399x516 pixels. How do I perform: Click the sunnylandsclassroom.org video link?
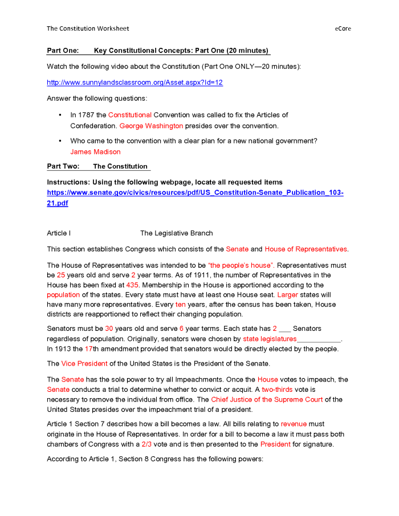coord(135,83)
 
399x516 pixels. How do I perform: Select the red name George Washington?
coord(151,126)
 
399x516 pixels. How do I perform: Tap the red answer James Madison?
coord(95,152)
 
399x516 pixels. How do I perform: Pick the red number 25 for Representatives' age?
coord(61,275)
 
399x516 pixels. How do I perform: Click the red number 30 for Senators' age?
coord(109,329)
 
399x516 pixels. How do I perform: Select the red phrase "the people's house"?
coord(241,265)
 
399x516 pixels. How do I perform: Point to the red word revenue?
coord(294,424)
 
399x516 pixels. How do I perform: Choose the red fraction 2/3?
coord(147,444)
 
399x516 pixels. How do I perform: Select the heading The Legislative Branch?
coord(177,233)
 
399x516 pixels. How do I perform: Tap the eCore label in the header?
coord(343,28)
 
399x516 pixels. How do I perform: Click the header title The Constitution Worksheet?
coord(88,28)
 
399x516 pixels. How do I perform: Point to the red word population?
coord(63,295)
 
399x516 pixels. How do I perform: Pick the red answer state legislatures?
coord(270,339)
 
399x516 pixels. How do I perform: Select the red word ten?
coord(180,305)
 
